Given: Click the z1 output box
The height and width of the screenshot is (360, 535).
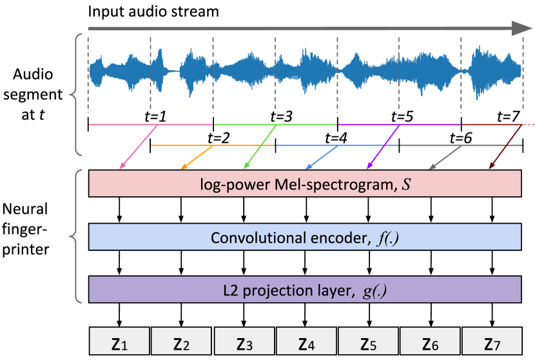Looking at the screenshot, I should tap(119, 341).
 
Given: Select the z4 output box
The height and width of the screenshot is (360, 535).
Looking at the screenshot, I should tap(306, 341).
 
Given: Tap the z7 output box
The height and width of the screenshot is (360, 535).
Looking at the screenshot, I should tap(493, 341).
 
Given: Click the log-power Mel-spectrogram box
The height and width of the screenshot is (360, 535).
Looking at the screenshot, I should tap(305, 184).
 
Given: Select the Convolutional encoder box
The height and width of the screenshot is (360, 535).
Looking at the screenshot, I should tap(305, 237).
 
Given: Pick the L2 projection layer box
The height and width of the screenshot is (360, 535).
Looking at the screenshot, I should tap(305, 288).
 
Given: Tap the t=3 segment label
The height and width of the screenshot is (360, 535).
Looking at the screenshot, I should tap(278, 117).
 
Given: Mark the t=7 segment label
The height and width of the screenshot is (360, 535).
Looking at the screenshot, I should tap(509, 117).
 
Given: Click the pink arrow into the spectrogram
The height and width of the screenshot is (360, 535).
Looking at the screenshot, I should tap(137, 148).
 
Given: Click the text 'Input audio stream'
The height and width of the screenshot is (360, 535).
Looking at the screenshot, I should tap(153, 12).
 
